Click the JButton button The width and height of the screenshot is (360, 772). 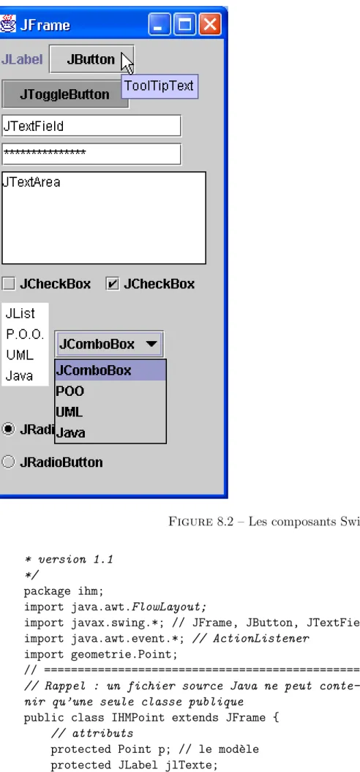coord(91,59)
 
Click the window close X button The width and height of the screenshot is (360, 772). coord(210,24)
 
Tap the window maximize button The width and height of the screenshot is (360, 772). coord(185,24)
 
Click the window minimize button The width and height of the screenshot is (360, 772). coord(160,24)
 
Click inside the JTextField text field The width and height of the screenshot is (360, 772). coord(91,126)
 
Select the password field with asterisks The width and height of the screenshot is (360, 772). coord(91,154)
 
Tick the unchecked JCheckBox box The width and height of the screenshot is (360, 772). coord(8,284)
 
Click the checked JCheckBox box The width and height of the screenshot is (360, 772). coord(112,284)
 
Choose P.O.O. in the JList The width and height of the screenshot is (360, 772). coord(25,335)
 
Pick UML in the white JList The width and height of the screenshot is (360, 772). coord(20,355)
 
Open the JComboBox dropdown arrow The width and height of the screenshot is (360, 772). coord(151,344)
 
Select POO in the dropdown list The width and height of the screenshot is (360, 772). coord(70,391)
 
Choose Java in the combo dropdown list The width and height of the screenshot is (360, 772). coord(70,432)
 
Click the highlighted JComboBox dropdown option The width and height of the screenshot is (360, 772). coord(110,370)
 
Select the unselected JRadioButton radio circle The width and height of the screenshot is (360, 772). coord(8,462)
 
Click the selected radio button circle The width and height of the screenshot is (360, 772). coord(8,429)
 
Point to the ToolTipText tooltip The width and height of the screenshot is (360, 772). coord(160,86)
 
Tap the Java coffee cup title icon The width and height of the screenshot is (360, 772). coord(8,23)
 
